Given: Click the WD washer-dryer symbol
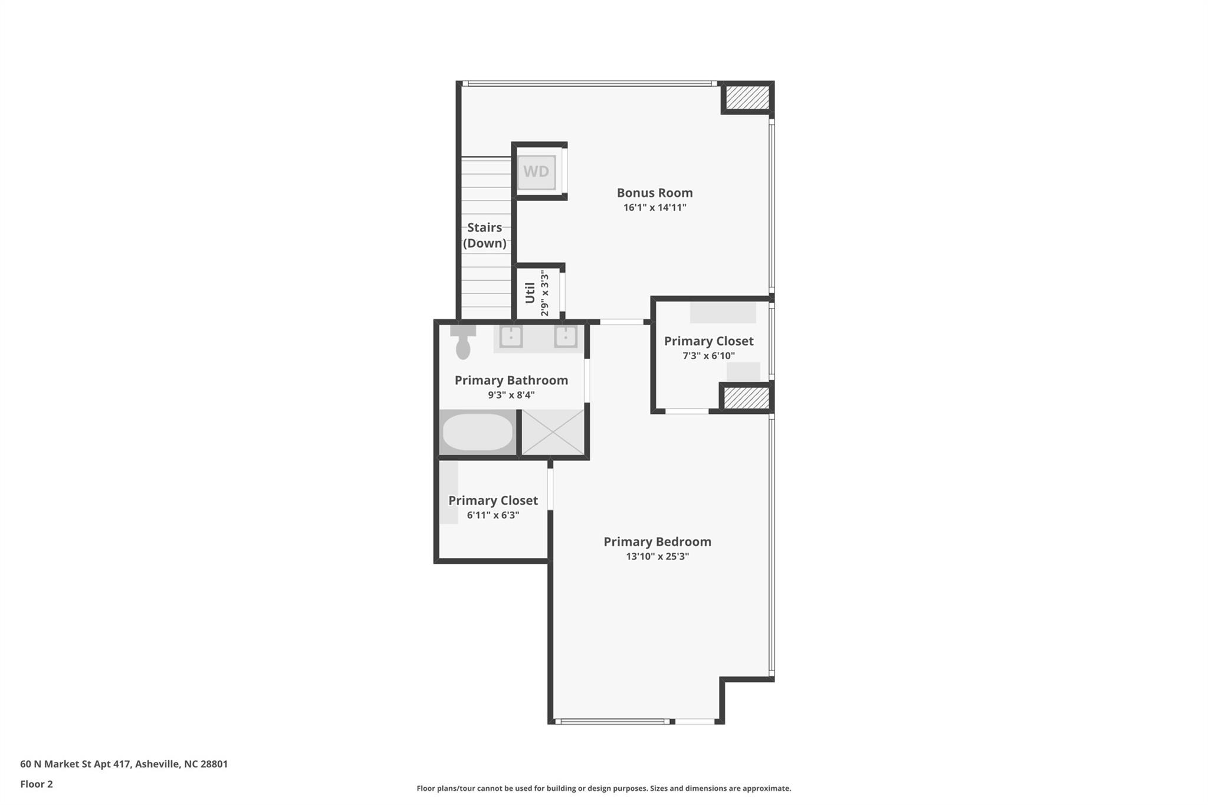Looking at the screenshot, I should coord(536,172).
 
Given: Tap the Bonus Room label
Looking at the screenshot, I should coord(654,193).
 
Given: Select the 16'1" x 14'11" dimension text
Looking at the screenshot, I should coord(654,208).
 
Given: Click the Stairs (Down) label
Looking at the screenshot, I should coord(484,235).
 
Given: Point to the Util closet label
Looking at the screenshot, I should coord(530,293).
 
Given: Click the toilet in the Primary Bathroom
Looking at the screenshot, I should coord(463,343).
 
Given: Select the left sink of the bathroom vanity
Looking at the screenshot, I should coord(511,337).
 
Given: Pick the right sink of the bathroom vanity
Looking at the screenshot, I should coord(565,337).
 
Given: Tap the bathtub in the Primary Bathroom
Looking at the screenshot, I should coord(478,432).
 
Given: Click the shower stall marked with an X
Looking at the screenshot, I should coord(553,432).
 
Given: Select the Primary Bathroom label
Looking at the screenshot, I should coord(511,380).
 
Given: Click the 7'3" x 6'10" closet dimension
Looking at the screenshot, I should coord(708,356).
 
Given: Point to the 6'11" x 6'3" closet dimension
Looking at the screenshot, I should coord(493,515).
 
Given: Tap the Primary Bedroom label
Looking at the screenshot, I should coord(657,541).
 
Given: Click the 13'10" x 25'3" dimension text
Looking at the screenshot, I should coord(657,556).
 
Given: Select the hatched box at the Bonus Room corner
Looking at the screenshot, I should coord(747,97).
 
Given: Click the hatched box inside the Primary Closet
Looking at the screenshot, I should coord(746,397).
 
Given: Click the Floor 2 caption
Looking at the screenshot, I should coord(37,784).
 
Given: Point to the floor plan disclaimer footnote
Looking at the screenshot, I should coord(603,788).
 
